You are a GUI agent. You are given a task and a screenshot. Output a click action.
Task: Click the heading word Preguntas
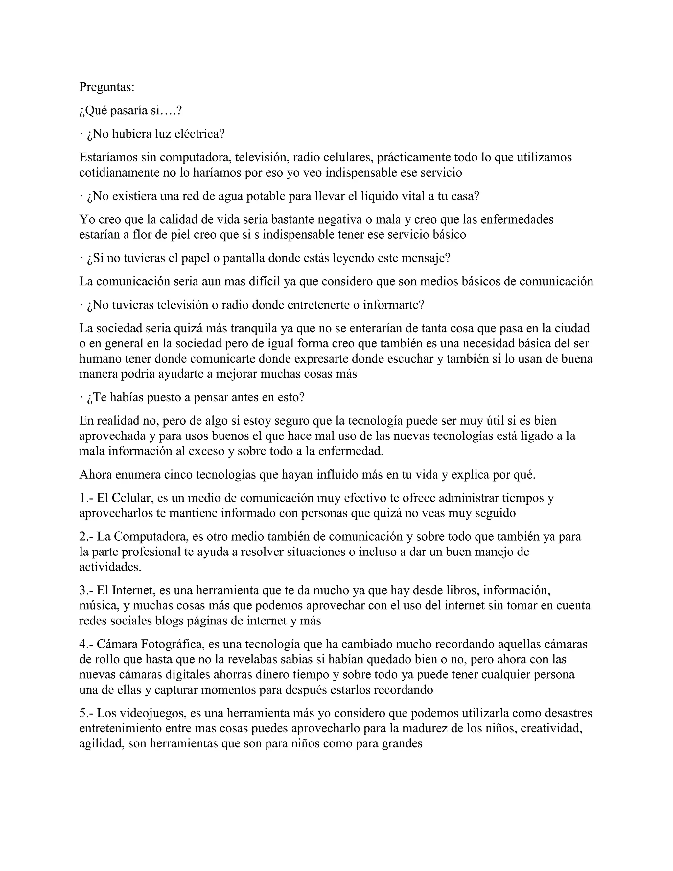point(106,87)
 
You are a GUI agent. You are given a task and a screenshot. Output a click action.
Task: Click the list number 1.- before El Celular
point(86,498)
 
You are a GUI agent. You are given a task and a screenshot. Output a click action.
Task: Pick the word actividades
point(110,567)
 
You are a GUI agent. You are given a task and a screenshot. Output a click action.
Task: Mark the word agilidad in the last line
point(101,744)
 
